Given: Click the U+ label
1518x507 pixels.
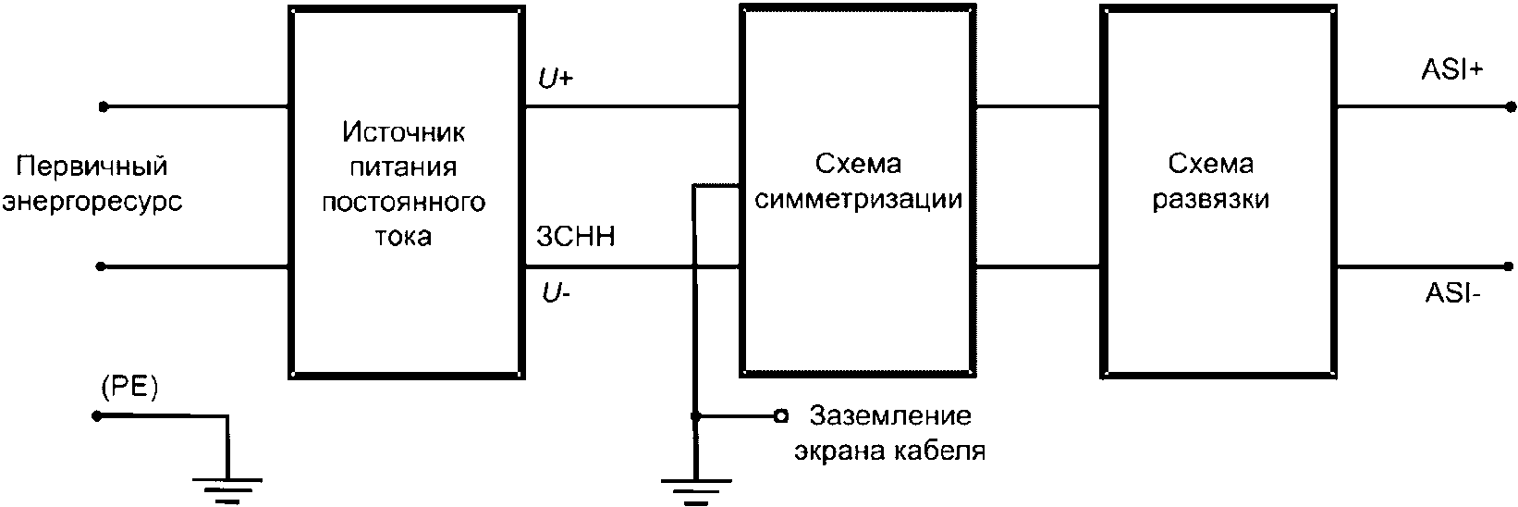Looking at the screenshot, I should [557, 80].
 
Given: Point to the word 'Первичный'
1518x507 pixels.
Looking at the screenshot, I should [93, 167].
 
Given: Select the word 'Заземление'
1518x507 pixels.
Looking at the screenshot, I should [890, 415].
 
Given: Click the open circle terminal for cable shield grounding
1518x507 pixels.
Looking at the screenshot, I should [781, 416].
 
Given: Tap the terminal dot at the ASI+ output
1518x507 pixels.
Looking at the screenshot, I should [1511, 105].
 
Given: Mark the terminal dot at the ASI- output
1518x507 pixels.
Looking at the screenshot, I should [1511, 267].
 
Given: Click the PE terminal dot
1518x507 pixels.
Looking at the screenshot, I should [96, 416].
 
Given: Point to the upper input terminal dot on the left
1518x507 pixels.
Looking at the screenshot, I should [104, 106].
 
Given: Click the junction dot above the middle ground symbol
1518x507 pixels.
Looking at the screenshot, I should [696, 416].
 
